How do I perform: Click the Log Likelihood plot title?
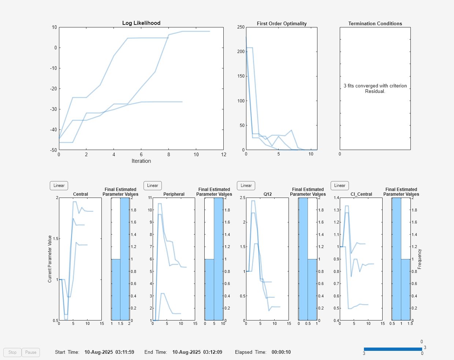pos(141,23)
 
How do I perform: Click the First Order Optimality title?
pos(282,23)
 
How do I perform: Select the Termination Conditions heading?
pos(375,23)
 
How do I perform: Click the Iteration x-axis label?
pos(141,161)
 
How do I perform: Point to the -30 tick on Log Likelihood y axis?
pos(54,109)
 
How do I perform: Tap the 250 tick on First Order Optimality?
pos(241,27)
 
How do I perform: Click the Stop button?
pos(12,352)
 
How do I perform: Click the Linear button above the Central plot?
pos(59,185)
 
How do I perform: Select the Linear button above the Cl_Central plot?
pos(340,185)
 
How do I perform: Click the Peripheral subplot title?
pos(174,194)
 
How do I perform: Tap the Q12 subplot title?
pos(268,194)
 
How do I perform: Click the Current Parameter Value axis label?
pos(50,259)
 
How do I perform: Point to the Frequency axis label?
pos(420,259)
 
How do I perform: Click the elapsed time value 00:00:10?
pos(281,352)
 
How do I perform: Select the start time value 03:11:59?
pos(124,352)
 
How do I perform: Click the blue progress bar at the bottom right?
pos(393,349)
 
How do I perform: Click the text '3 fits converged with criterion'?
pos(375,86)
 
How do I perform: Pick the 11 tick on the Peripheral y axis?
pos(150,198)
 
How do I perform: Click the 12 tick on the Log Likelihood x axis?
pos(224,155)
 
